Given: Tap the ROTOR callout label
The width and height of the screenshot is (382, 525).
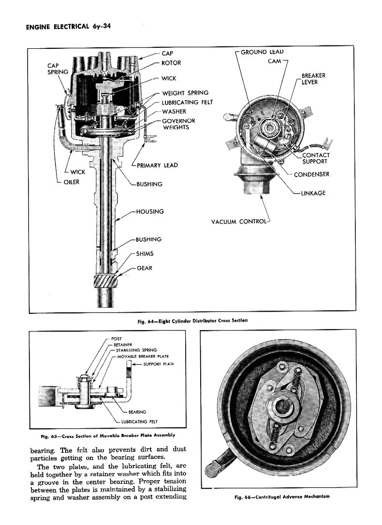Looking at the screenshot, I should tap(172, 63).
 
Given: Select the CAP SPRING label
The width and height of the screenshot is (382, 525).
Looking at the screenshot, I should tap(57, 69).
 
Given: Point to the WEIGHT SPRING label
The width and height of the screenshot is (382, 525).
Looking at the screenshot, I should tap(185, 93).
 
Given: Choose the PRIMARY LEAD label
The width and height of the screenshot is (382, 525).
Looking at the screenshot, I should tap(157, 165).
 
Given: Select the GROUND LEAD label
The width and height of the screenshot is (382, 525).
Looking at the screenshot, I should tap(262, 52).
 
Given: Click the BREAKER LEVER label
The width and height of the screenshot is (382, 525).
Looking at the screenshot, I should tap(313, 79).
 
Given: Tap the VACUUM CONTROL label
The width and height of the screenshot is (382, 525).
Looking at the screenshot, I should tap(239, 222).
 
